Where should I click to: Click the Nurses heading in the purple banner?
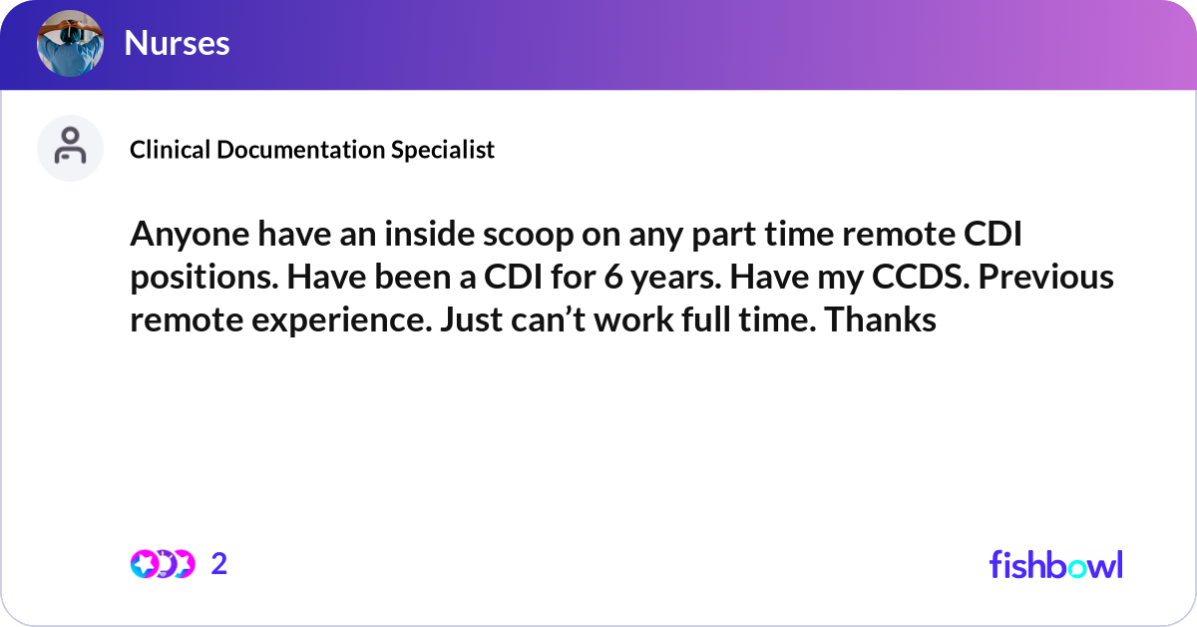tap(177, 43)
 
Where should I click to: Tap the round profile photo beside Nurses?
tap(70, 43)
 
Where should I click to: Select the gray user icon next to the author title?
tap(70, 148)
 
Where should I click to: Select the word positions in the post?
tap(202, 279)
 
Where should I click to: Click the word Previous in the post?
tap(1048, 279)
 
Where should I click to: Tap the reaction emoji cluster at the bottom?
tap(162, 564)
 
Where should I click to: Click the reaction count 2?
tap(219, 564)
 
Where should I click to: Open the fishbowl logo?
tap(1055, 564)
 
